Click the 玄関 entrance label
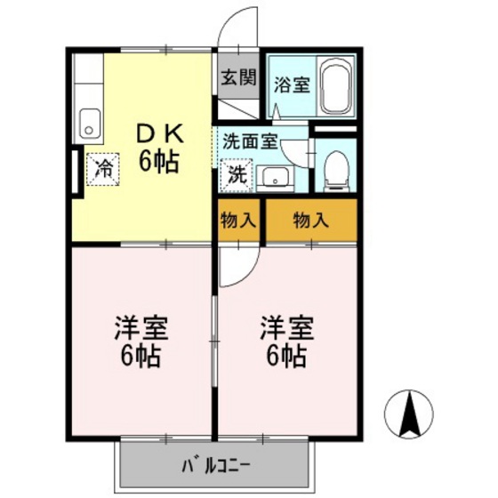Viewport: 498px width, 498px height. pos(237,76)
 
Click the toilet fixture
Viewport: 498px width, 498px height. pos(335,169)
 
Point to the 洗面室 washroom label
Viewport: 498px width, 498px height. pos(251,140)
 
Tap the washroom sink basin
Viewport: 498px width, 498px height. pos(277,176)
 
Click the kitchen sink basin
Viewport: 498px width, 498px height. pos(90,122)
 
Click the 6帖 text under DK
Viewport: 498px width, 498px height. pos(160,162)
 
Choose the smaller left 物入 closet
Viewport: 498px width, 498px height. pos(237,219)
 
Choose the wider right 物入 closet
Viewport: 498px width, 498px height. pos(311,219)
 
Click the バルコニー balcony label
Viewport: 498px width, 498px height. pos(217,464)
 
